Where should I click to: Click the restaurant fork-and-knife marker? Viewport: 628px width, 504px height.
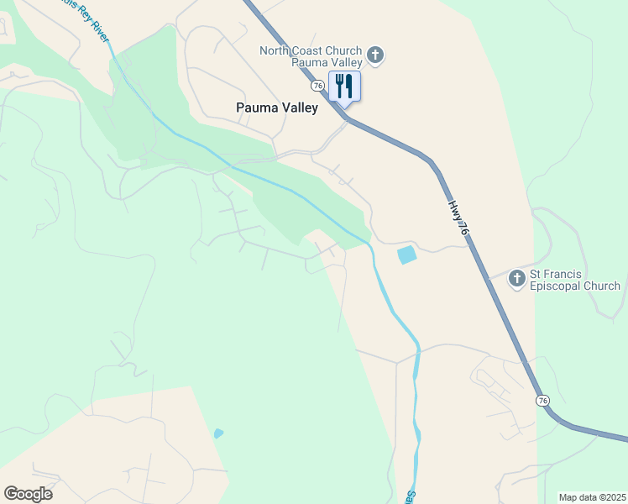344,86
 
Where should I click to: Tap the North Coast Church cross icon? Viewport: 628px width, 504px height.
375,56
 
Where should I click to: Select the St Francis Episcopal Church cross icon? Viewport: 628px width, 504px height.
517,280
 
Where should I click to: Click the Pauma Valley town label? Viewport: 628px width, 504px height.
277,108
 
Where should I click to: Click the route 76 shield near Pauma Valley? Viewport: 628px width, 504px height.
317,86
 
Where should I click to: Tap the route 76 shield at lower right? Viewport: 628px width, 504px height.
543,401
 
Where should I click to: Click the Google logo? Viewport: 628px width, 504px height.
29,494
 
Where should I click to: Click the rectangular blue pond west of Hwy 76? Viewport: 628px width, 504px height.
406,255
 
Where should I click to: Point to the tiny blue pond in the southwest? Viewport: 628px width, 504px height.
218,433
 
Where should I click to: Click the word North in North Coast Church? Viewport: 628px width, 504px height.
275,50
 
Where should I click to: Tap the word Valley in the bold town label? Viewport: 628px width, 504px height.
301,108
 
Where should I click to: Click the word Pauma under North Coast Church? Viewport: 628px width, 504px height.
308,62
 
